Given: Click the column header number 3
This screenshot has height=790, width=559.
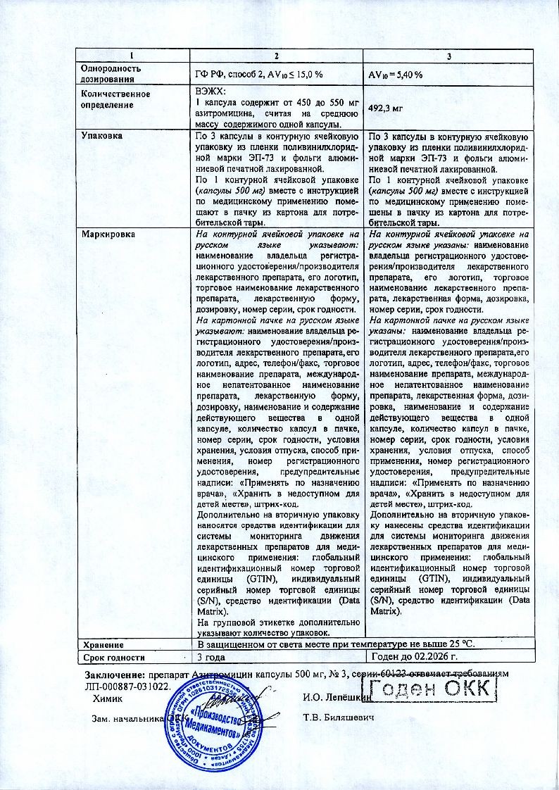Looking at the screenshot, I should [448, 56].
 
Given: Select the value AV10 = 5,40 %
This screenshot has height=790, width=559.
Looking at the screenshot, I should [396, 75].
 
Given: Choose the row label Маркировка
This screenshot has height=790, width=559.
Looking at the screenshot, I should [108, 234].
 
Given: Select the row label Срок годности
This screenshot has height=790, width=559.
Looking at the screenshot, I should [113, 658].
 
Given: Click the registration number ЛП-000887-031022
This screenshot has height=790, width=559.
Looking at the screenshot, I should [127, 686].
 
